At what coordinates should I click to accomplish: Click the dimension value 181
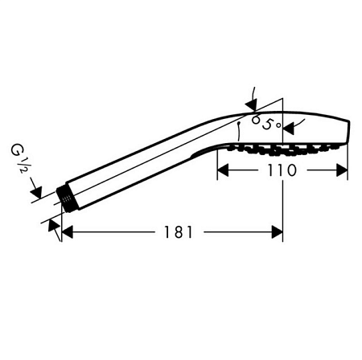coord(179,232)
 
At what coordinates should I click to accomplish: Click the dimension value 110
coord(282,170)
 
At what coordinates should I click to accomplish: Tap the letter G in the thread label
coord(16,150)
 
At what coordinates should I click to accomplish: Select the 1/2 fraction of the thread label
coord(23,166)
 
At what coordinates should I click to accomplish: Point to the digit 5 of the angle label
coord(267,124)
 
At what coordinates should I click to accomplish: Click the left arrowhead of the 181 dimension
coord(67,232)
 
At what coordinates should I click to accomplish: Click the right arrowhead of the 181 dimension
coord(278,232)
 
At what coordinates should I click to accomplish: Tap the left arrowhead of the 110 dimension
coord(223,170)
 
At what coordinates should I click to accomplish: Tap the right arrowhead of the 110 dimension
coord(342,170)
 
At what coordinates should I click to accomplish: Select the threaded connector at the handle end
coord(66,199)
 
